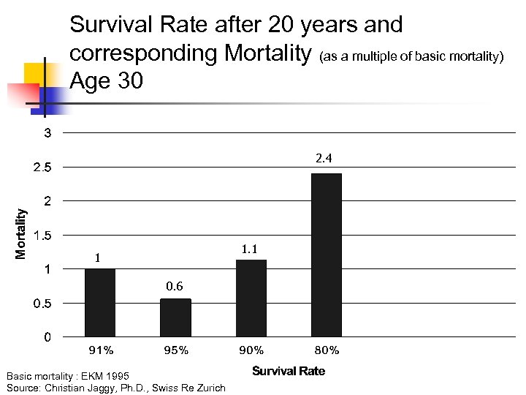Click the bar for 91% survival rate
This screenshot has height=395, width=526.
pos(100,303)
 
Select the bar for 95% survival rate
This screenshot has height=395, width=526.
pos(175,317)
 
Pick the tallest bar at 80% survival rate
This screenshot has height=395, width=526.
pos(327,255)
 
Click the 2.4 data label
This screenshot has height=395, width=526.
pos(324,158)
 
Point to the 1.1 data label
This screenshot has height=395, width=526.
pos(249,249)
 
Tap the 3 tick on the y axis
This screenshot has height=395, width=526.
pos(47,133)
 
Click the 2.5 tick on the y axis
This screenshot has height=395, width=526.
pos(43,168)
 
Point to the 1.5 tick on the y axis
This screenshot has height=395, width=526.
pos(43,236)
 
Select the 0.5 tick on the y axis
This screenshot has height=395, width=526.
pos(43,304)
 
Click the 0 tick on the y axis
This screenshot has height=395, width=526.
pos(47,337)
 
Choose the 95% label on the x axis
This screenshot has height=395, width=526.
pos(176,350)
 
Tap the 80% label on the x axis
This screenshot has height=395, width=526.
pos(327,350)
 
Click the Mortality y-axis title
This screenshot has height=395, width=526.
pos(22,233)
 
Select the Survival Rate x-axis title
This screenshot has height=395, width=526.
pos(289,371)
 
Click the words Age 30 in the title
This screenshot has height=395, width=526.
pos(107,80)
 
